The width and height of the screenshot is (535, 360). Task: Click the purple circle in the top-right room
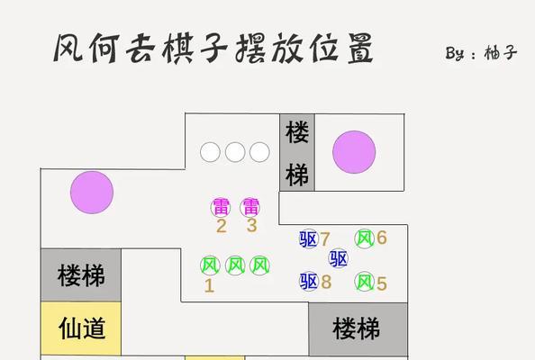pos(354,152)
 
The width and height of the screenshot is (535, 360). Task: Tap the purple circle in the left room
pos(92,193)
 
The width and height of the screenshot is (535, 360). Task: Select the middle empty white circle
pos(235,152)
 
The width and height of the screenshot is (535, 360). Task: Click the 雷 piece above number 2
pos(221,207)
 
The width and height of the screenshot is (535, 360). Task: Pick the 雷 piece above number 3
pos(250,207)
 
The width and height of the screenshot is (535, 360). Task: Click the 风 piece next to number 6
pos(365,238)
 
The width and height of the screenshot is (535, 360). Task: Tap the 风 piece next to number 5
pos(365,282)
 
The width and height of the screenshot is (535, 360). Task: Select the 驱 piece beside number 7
pos(309,238)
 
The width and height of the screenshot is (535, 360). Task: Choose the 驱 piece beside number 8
pos(309,282)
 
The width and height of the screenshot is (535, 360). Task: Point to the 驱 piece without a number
pos(338,258)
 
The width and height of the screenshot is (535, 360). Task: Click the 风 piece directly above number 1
pos(210,265)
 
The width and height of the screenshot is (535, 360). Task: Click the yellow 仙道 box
pos(81,328)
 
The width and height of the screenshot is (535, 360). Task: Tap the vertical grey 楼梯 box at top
pos(297,152)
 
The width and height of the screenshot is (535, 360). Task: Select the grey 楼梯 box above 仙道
pos(81,275)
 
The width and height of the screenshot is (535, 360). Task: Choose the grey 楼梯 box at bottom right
pos(358,329)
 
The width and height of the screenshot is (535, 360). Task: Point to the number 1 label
pos(209,285)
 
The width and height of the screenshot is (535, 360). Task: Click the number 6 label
pos(382,238)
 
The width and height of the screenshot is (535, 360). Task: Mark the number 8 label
pos(326,282)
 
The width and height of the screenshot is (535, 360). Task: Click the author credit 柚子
pos(500,53)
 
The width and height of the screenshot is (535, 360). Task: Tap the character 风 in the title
pos(69,48)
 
